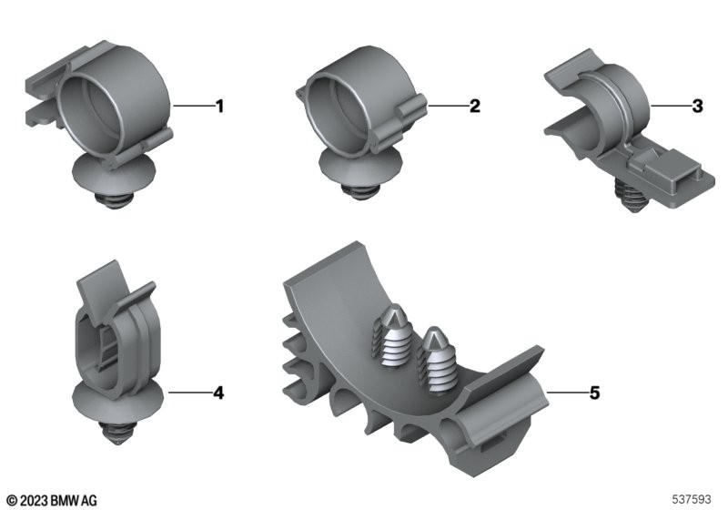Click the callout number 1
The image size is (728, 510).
click(220, 107)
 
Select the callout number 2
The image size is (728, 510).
click(474, 106)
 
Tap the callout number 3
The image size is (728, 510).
click(697, 106)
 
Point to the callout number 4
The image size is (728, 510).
click(218, 393)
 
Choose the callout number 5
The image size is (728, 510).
click(595, 393)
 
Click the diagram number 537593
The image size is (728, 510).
click(692, 499)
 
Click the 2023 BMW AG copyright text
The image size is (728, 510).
click(53, 500)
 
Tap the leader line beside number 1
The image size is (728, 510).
click(194, 107)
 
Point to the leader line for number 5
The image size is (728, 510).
click(568, 393)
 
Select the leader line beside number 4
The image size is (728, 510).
click(189, 393)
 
